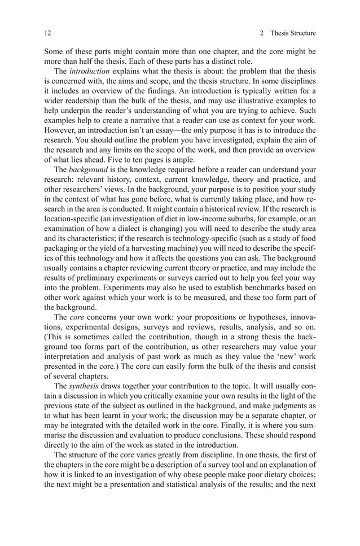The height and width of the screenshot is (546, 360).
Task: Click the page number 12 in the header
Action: pos(47,33)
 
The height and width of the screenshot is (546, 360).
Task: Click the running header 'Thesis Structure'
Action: pos(293,33)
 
